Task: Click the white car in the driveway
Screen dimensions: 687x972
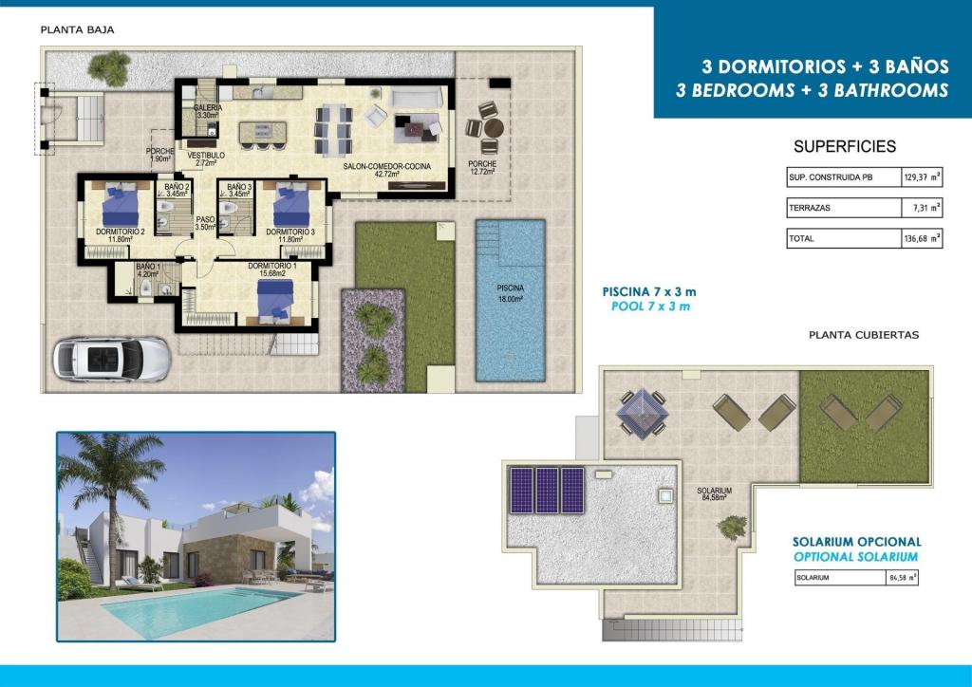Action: (x=111, y=360)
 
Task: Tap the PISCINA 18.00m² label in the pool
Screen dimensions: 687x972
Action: (x=510, y=291)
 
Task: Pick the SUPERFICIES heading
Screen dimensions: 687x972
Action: (x=844, y=147)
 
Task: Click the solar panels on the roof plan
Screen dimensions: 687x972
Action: (x=546, y=489)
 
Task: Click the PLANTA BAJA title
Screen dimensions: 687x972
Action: (x=77, y=29)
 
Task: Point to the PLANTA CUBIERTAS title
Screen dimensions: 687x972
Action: (x=863, y=335)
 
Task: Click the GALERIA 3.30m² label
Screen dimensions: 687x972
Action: (x=208, y=112)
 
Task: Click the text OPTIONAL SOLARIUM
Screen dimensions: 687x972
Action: (x=855, y=557)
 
